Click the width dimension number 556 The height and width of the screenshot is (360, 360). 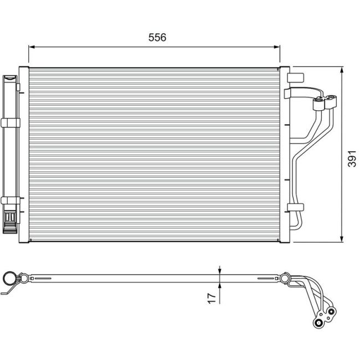coord(157,37)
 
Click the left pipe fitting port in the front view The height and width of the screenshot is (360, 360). coord(318,102)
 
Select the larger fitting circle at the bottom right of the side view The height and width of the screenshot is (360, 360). coord(320,323)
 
